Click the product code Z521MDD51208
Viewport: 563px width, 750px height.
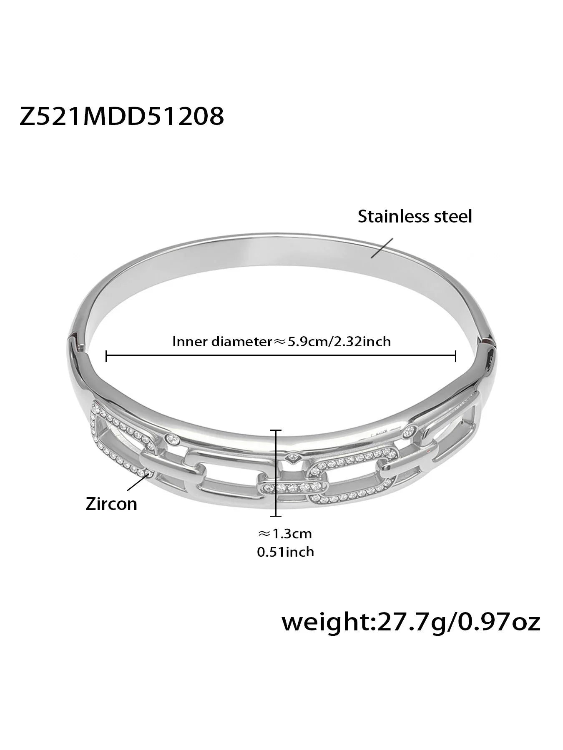pos(122,116)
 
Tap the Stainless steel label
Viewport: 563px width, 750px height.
pos(415,217)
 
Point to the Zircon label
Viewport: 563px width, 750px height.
pos(111,504)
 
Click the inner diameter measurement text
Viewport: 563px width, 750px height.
pos(282,342)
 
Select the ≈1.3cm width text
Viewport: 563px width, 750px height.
pos(285,533)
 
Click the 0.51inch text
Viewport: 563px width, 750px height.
pos(286,552)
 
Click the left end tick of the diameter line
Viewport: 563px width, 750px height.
pos(107,356)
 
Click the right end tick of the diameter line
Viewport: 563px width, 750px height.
pos(456,356)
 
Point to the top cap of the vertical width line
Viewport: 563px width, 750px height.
pos(276,418)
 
